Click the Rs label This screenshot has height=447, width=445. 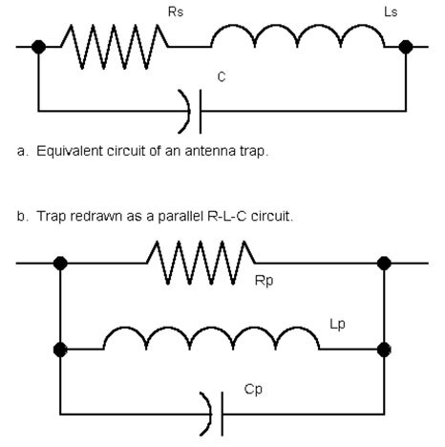[x=176, y=12]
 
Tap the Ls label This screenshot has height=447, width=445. [x=391, y=12]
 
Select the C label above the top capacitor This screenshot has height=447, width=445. [x=222, y=76]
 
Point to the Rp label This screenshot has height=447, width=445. [x=264, y=281]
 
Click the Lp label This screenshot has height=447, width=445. [x=337, y=325]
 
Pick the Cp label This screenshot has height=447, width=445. [x=253, y=390]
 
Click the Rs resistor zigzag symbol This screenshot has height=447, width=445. [x=115, y=47]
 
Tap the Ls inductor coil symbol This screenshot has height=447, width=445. [x=298, y=35]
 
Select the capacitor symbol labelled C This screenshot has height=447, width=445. [x=191, y=112]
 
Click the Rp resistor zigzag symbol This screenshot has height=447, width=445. [x=201, y=263]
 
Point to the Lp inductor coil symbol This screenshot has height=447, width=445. [x=211, y=338]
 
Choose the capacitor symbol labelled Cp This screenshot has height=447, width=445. [x=212, y=414]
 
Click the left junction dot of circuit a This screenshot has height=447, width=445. [x=38, y=47]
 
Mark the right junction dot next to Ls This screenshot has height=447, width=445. [x=406, y=47]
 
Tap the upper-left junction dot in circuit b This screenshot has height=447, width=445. [x=60, y=264]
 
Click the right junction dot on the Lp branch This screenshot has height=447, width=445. [x=384, y=350]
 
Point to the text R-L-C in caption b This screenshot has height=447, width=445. [x=227, y=216]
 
